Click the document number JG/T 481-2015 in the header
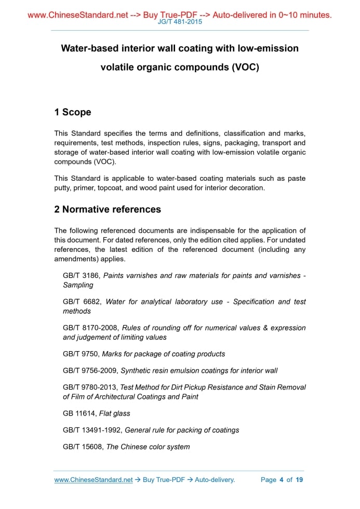coord(180,22)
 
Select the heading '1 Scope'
coord(73,112)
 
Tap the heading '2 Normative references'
coord(108,209)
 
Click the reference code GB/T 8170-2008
coord(90,328)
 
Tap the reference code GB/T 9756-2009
coord(90,370)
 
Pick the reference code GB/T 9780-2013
coord(90,387)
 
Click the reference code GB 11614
coord(79,413)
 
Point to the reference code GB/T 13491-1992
coord(92,430)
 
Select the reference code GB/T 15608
coord(84,447)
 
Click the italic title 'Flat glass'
coord(115,413)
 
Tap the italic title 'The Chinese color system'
coord(148,447)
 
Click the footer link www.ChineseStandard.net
coord(94,480)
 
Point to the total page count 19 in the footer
coord(299,480)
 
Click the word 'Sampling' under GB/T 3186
coord(78,285)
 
